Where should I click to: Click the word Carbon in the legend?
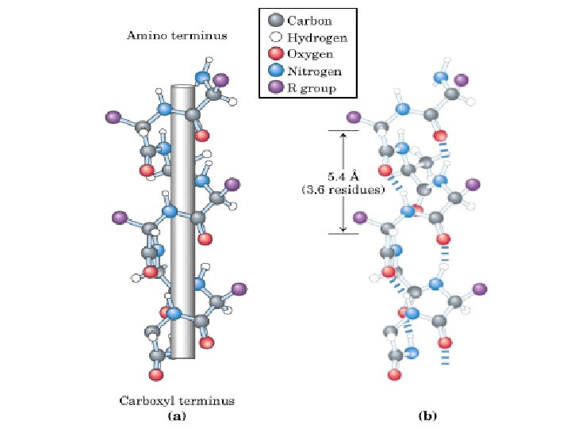click(309, 20)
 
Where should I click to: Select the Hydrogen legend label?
click(316, 37)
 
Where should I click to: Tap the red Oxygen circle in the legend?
click(275, 54)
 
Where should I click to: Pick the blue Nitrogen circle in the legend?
click(275, 71)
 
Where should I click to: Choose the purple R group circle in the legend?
click(275, 87)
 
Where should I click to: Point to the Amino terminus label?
click(177, 36)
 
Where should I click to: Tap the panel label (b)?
click(427, 415)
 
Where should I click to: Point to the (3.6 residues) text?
click(344, 190)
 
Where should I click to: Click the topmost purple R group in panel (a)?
click(220, 79)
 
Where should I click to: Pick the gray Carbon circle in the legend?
click(275, 20)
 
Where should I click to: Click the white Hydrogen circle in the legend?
click(275, 37)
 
